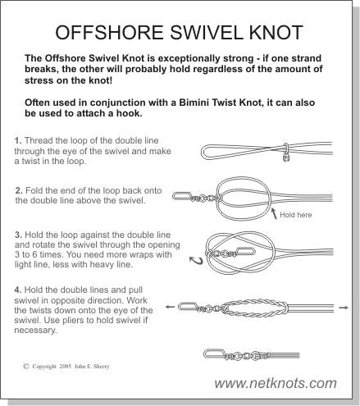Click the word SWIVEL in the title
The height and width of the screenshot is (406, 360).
(206, 32)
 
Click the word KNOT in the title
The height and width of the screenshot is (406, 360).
(276, 32)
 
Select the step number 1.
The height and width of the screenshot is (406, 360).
(18, 140)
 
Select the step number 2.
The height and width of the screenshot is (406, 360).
(19, 190)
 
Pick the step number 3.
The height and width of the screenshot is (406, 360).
(18, 235)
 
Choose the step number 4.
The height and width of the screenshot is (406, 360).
(18, 290)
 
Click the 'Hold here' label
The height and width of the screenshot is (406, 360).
(296, 215)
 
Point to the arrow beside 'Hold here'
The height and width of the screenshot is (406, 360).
(274, 213)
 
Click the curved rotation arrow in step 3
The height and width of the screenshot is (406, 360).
(197, 261)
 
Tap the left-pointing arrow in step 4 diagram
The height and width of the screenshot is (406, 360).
(170, 307)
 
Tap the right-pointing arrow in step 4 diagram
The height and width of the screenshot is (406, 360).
(344, 308)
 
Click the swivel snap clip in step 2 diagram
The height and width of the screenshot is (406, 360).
(182, 196)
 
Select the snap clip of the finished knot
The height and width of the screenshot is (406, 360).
(215, 354)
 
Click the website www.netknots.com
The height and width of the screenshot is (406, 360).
(276, 383)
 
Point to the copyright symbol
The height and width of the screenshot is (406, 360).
(26, 366)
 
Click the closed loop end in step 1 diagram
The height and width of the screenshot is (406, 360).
(203, 152)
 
